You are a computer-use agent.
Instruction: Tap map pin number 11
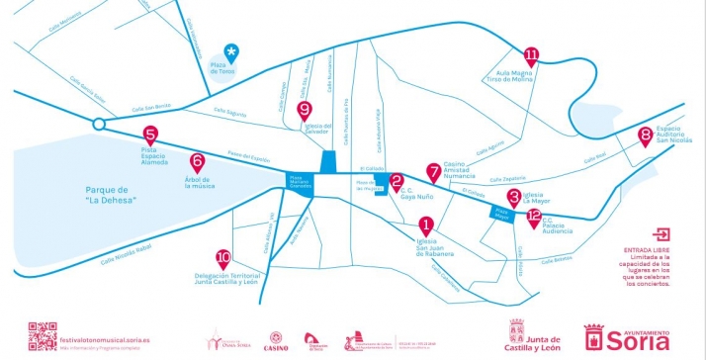pos(533,56)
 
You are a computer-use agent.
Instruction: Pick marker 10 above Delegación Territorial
pos(223,256)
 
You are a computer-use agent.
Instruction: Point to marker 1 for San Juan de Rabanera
pos(426,225)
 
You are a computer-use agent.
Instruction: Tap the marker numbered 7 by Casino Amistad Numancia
pos(433,171)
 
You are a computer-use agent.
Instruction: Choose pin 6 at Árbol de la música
pos(197,161)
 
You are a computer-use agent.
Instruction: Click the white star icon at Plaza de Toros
pos(231,51)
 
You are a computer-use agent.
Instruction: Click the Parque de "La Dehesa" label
pos(110,195)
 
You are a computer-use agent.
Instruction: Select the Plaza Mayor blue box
pos(501,212)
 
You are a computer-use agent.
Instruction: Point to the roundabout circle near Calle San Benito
pos(98,125)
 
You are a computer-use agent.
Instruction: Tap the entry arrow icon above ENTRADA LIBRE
pos(662,235)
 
